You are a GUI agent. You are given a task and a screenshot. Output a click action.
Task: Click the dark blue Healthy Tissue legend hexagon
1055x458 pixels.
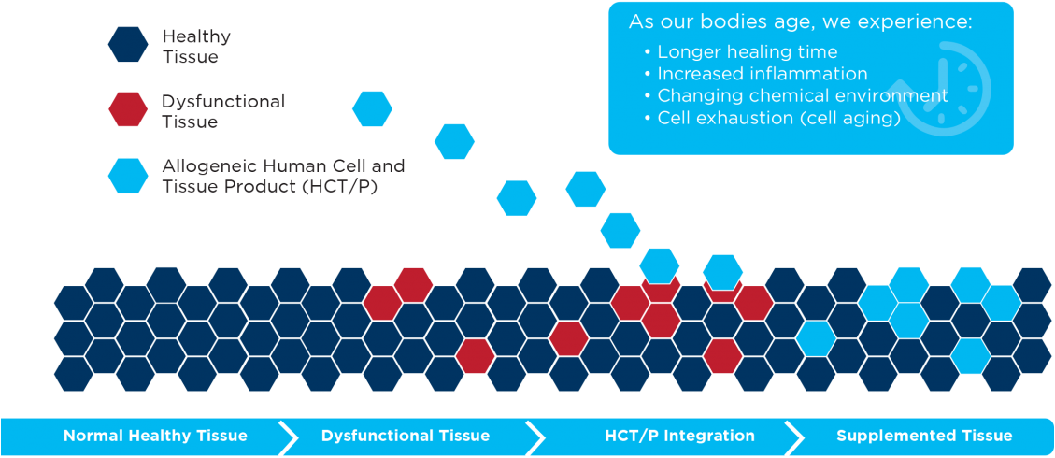(128, 44)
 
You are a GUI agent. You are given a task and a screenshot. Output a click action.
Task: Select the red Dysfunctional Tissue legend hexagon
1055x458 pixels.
(128, 109)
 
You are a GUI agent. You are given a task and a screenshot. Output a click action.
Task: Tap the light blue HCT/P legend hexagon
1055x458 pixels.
(128, 176)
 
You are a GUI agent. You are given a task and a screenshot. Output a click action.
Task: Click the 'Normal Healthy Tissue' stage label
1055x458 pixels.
(155, 436)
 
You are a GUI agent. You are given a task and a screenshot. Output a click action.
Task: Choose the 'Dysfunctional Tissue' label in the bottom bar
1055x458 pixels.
(406, 436)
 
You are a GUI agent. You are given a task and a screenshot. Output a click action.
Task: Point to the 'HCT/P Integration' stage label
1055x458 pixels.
(679, 436)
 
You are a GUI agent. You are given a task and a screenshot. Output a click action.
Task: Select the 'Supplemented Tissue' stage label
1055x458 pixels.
(924, 436)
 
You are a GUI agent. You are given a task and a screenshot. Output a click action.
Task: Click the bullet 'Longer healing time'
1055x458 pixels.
(741, 51)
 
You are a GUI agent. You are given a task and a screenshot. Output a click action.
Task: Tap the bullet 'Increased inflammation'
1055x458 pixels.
(756, 73)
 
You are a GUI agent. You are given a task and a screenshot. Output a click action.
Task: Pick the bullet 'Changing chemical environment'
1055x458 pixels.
(796, 95)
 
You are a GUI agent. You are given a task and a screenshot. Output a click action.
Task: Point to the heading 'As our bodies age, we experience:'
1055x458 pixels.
(801, 21)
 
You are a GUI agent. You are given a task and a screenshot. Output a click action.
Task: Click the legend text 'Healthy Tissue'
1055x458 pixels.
(191, 47)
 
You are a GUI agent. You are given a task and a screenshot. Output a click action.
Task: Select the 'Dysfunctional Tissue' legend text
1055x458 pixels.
(223, 111)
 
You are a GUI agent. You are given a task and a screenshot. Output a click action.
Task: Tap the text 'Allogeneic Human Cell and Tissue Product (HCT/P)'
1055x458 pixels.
(283, 177)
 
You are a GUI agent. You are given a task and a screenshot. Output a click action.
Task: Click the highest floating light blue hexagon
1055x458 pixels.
(372, 109)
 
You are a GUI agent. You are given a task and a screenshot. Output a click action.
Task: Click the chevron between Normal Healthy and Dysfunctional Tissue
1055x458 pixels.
(288, 437)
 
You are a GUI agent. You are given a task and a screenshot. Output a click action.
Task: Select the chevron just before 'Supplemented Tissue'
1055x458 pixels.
(794, 437)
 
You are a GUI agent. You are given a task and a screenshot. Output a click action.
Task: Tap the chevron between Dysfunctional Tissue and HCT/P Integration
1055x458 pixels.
(535, 437)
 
